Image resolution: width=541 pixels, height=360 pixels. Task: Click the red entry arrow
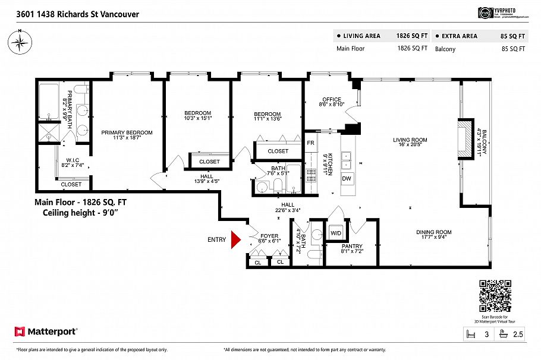[x=235, y=239]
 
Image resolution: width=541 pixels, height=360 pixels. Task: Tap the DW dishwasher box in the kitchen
[x=347, y=178]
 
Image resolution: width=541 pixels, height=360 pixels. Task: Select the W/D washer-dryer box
[x=336, y=232]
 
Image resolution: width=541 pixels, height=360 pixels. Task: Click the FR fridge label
[x=310, y=143]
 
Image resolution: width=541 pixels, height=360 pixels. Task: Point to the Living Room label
[x=410, y=140]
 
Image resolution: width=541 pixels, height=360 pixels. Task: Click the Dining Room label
[x=434, y=232]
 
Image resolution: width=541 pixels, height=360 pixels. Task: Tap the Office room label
[x=331, y=99]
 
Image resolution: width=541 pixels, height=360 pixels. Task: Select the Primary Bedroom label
[x=127, y=132]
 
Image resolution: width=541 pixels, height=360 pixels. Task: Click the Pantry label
[x=352, y=246]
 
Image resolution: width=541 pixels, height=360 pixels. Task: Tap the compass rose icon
[x=20, y=42]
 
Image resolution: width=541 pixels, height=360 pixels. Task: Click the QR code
[x=495, y=296]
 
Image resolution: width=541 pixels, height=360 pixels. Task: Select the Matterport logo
[x=46, y=331]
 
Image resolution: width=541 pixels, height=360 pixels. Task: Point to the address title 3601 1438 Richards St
[x=70, y=14]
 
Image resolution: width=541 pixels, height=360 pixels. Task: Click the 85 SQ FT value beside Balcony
[x=513, y=49]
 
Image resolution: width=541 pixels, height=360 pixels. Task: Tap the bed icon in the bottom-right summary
[x=470, y=334]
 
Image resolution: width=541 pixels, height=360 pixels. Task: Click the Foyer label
[x=269, y=236]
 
